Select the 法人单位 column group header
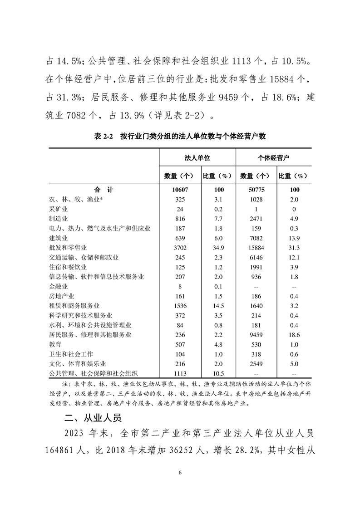(x=197, y=159)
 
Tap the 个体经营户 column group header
(x=274, y=159)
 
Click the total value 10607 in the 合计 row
(x=178, y=190)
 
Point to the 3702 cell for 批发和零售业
(x=178, y=248)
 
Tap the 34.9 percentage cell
(x=216, y=248)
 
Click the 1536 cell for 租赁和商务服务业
(x=178, y=306)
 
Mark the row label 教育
(x=55, y=344)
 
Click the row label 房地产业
(x=61, y=296)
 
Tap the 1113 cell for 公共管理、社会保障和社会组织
(x=178, y=373)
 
